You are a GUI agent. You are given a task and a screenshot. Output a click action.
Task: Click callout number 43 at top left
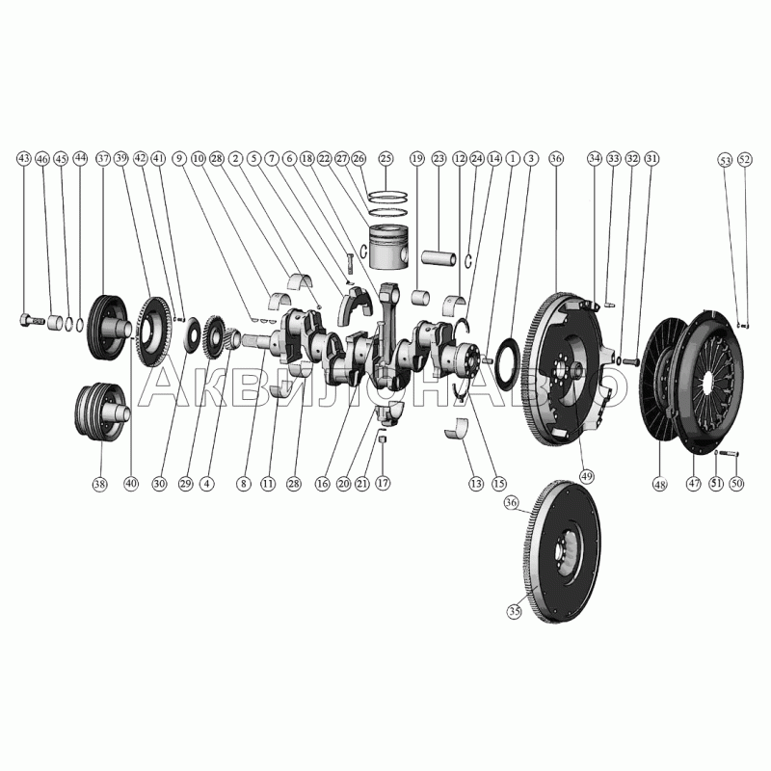pyautogui.click(x=24, y=157)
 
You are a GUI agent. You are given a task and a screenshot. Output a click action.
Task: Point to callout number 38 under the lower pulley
pyautogui.click(x=98, y=484)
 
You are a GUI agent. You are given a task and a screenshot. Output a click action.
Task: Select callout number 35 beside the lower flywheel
pyautogui.click(x=514, y=610)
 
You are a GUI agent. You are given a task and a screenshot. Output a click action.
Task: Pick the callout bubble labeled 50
pyautogui.click(x=736, y=483)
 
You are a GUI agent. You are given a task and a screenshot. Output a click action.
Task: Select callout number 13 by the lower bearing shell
pyautogui.click(x=474, y=483)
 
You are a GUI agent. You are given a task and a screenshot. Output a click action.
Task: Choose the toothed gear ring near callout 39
pyautogui.click(x=149, y=333)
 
